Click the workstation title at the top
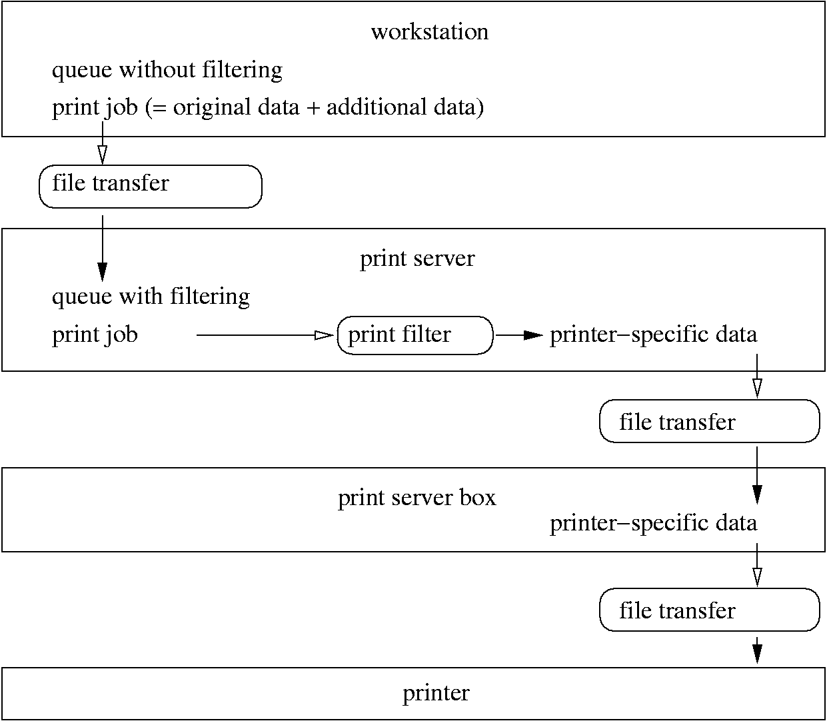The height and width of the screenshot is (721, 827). click(429, 32)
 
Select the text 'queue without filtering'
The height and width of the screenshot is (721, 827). click(167, 70)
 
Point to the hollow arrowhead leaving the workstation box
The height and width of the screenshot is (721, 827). click(102, 154)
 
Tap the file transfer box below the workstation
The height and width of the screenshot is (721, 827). click(150, 187)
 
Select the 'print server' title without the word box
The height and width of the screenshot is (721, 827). click(417, 259)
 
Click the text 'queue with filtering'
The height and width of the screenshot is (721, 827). click(151, 296)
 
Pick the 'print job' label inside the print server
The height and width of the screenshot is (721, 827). click(95, 335)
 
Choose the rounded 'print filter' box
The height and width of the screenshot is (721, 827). click(414, 335)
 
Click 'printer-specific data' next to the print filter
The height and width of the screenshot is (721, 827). click(653, 335)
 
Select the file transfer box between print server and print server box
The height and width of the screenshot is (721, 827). click(709, 422)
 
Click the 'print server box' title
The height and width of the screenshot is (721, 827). click(416, 498)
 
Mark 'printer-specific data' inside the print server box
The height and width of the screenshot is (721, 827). click(653, 523)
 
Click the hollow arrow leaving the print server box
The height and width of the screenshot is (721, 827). click(756, 566)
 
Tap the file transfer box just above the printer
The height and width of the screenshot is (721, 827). click(709, 610)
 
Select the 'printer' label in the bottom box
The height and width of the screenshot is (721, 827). click(436, 694)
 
